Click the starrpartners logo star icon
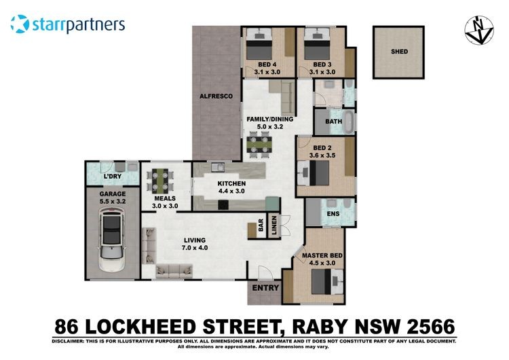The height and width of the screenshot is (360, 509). pyautogui.click(x=20, y=24)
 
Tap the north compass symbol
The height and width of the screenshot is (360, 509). pyautogui.click(x=479, y=30)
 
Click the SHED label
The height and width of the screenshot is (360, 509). pyautogui.click(x=399, y=52)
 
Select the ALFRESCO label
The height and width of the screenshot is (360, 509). pyautogui.click(x=216, y=96)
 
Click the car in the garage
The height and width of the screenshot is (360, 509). pyautogui.click(x=112, y=240)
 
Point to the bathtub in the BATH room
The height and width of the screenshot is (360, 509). pyautogui.click(x=348, y=122)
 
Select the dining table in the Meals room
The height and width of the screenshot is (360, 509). pyautogui.click(x=159, y=180)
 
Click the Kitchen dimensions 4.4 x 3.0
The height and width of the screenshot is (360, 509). pyautogui.click(x=231, y=191)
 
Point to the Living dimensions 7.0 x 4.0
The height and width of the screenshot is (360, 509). pyautogui.click(x=195, y=247)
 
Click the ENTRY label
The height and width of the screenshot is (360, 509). pyautogui.click(x=265, y=288)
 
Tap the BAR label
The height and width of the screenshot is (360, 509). pyautogui.click(x=261, y=225)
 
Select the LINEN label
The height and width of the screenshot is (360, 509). pyautogui.click(x=274, y=225)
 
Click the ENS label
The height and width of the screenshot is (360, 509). pyautogui.click(x=333, y=214)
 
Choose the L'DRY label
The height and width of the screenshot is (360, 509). pyautogui.click(x=113, y=177)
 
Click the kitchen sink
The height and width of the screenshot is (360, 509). pyautogui.click(x=218, y=167)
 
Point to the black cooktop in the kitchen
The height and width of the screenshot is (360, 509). pyautogui.click(x=223, y=204)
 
